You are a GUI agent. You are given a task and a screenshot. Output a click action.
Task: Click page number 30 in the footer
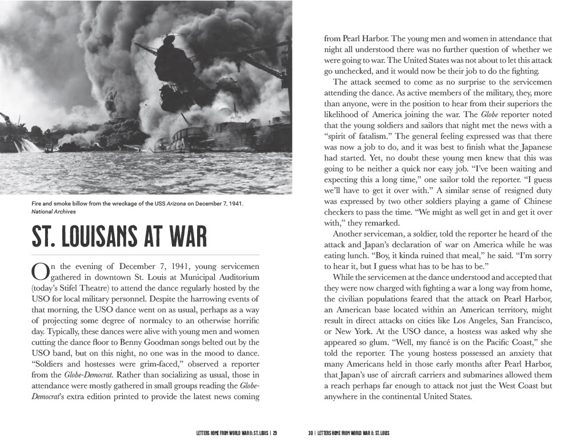click(x=311, y=433)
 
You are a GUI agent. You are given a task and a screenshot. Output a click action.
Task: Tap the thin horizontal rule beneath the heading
click(x=146, y=254)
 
